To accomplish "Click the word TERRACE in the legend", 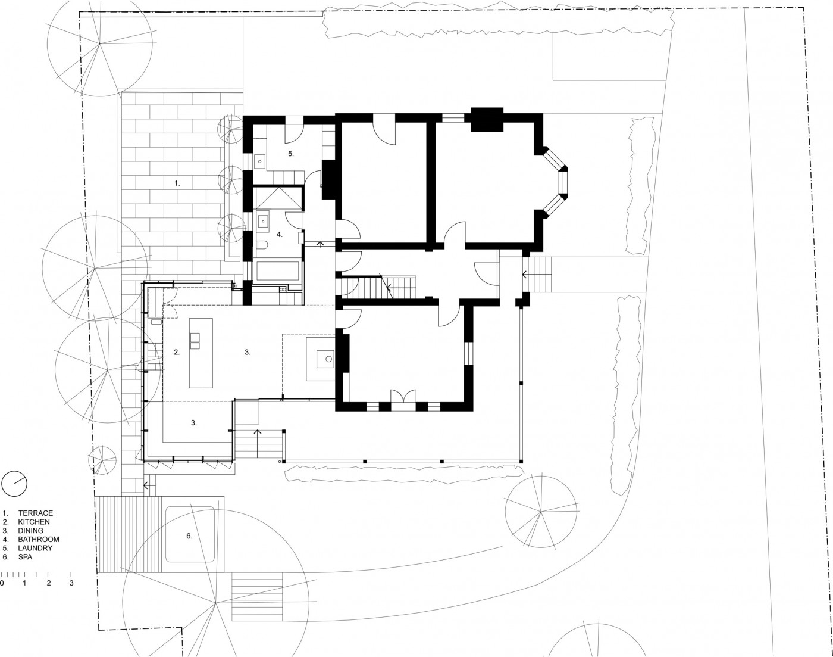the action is coord(35,513).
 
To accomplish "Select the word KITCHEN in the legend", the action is coord(34,522).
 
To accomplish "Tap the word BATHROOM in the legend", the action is coord(38,539).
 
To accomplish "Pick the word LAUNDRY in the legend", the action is coord(35,548).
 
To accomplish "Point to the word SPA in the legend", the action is coord(25,557).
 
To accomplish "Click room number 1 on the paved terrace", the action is coord(177,183).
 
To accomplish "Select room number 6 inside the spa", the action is coord(189,536).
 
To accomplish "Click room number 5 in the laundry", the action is coord(291,154).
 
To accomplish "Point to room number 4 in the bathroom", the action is coord(280,235).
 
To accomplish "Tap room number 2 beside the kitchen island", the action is coord(177,353).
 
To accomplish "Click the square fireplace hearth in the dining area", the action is coord(320,359).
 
